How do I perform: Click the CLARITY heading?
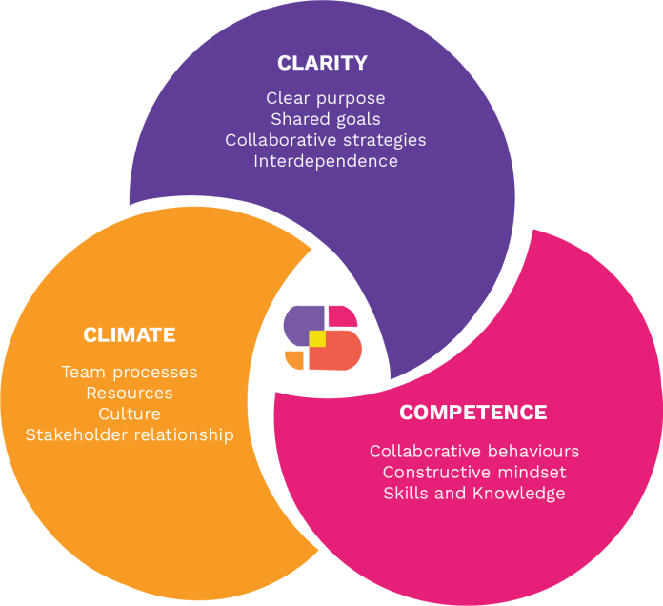point(322,64)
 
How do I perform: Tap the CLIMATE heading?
point(130,335)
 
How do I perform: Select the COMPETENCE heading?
point(473,413)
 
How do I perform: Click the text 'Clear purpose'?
point(326,98)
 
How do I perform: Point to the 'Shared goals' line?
point(326,119)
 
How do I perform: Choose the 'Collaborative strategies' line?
point(326,140)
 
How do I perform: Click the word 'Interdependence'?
point(326,161)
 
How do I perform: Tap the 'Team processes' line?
point(130,372)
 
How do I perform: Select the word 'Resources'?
point(130,393)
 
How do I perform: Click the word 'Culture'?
point(130,414)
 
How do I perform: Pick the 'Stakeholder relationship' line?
point(130,434)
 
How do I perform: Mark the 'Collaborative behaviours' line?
point(474,451)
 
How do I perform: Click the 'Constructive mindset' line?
point(474,472)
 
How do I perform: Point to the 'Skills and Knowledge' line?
point(474,493)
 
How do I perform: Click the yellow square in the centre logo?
point(317,338)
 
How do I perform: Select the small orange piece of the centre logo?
point(294,360)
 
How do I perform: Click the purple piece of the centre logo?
point(300,322)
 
